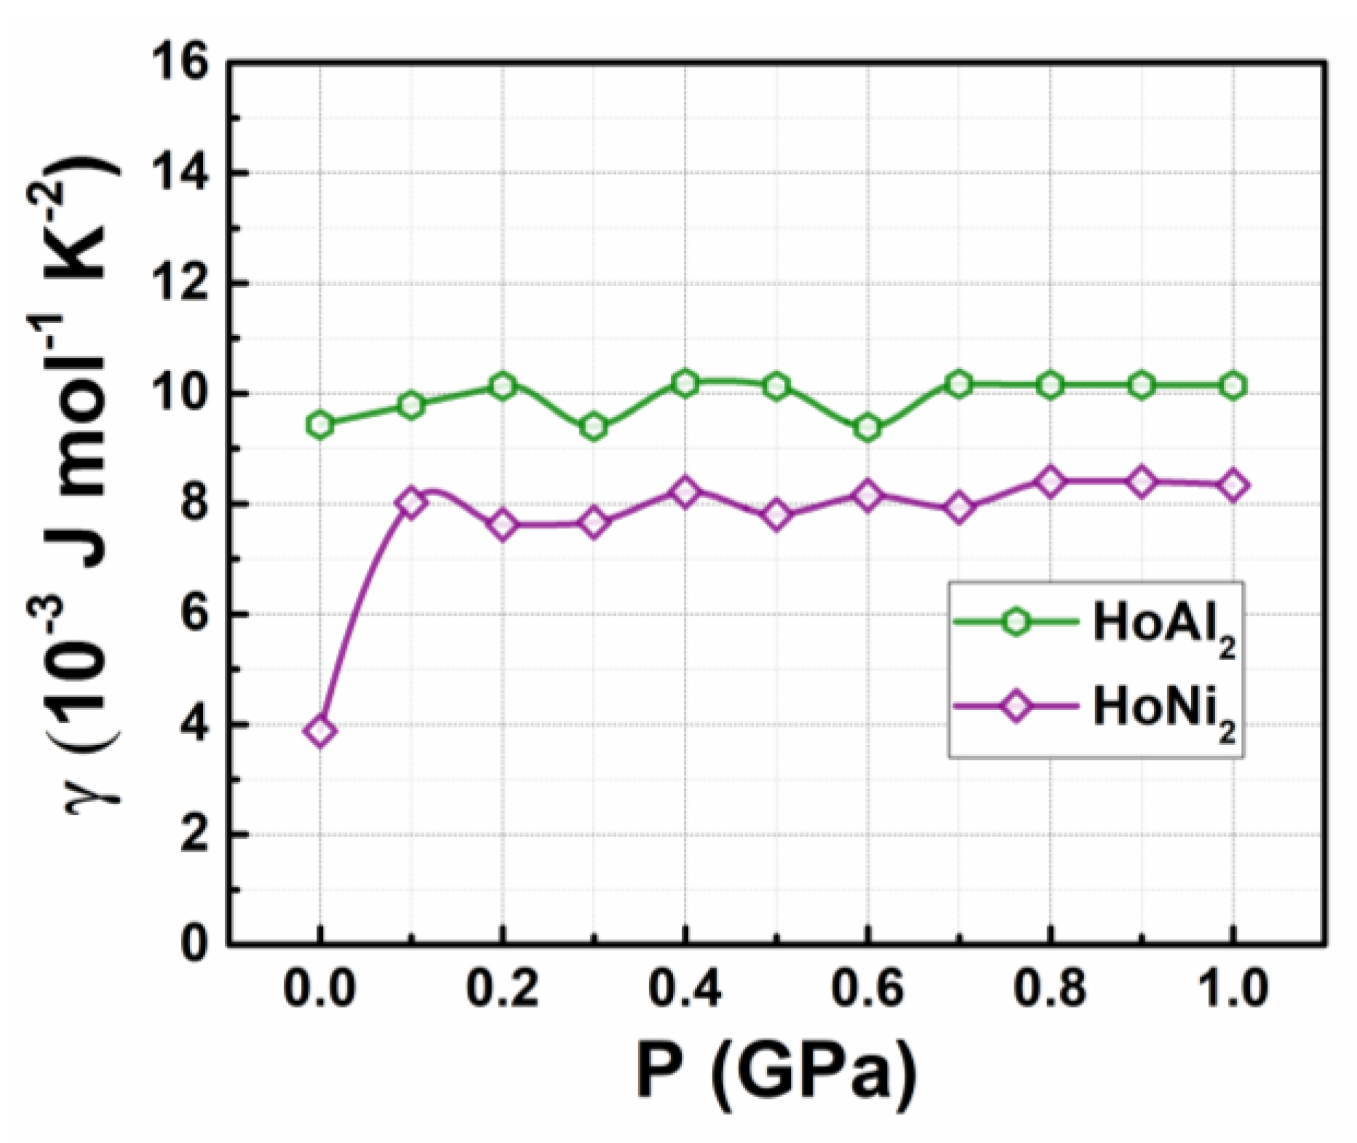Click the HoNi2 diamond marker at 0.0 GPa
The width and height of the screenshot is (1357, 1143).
[321, 730]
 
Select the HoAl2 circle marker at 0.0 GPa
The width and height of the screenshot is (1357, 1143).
[321, 424]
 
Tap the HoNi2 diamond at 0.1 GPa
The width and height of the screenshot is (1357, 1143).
[412, 503]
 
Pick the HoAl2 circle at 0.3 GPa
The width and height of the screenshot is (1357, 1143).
[594, 427]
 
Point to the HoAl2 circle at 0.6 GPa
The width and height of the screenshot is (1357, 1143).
[868, 428]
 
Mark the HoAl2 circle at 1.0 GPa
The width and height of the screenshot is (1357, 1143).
[1233, 386]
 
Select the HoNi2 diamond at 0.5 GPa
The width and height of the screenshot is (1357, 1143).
[777, 515]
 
